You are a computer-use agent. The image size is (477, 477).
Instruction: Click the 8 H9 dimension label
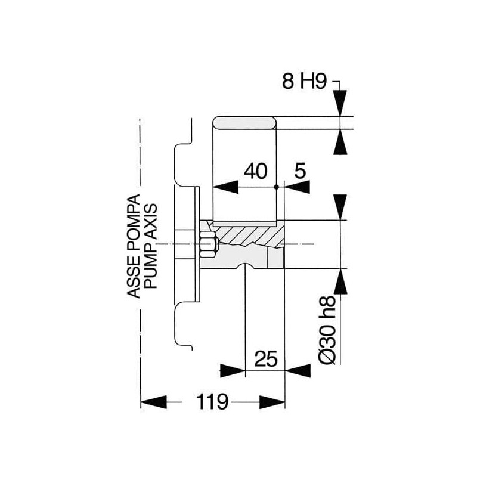pyautogui.click(x=304, y=81)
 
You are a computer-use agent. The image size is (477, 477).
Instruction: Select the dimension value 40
pyautogui.click(x=256, y=171)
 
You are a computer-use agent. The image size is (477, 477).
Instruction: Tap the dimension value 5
pyautogui.click(x=300, y=171)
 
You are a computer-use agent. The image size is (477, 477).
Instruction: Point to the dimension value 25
pyautogui.click(x=266, y=359)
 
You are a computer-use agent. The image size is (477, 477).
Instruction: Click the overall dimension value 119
pyautogui.click(x=212, y=401)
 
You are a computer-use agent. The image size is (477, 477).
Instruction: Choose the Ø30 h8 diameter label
pyautogui.click(x=327, y=330)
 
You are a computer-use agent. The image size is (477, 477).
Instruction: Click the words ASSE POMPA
pyautogui.click(x=133, y=246)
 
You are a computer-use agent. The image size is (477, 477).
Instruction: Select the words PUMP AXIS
pyautogui.click(x=151, y=246)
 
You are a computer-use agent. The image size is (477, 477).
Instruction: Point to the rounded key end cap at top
pyautogui.click(x=244, y=123)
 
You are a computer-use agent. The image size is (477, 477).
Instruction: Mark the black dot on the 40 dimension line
pyautogui.click(x=276, y=187)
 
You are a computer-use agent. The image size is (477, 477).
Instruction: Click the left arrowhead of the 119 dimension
pyautogui.click(x=154, y=402)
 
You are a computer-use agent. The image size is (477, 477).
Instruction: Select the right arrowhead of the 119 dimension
pyautogui.click(x=272, y=402)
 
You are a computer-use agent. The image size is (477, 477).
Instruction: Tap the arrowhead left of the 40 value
pyautogui.click(x=226, y=187)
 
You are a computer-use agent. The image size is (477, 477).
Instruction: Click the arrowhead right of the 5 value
pyautogui.click(x=297, y=187)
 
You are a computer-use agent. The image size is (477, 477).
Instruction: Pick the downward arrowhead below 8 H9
pyautogui.click(x=340, y=103)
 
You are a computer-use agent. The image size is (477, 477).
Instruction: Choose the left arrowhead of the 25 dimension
pyautogui.click(x=233, y=370)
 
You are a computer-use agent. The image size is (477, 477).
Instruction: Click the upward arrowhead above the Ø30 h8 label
pyautogui.click(x=340, y=281)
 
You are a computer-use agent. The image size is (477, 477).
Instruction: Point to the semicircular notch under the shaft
pyautogui.click(x=245, y=266)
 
